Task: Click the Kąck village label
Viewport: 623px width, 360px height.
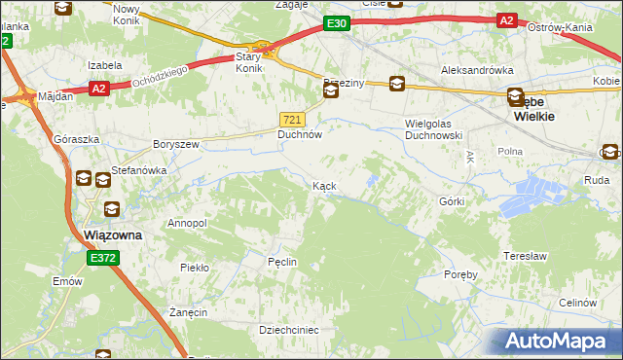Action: click(325, 185)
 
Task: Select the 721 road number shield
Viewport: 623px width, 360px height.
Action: click(293, 119)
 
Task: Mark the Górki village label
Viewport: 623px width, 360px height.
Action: click(452, 201)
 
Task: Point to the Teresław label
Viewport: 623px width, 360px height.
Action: click(522, 256)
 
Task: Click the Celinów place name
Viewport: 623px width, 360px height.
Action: click(577, 303)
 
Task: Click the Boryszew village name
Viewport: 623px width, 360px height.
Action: click(176, 144)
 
